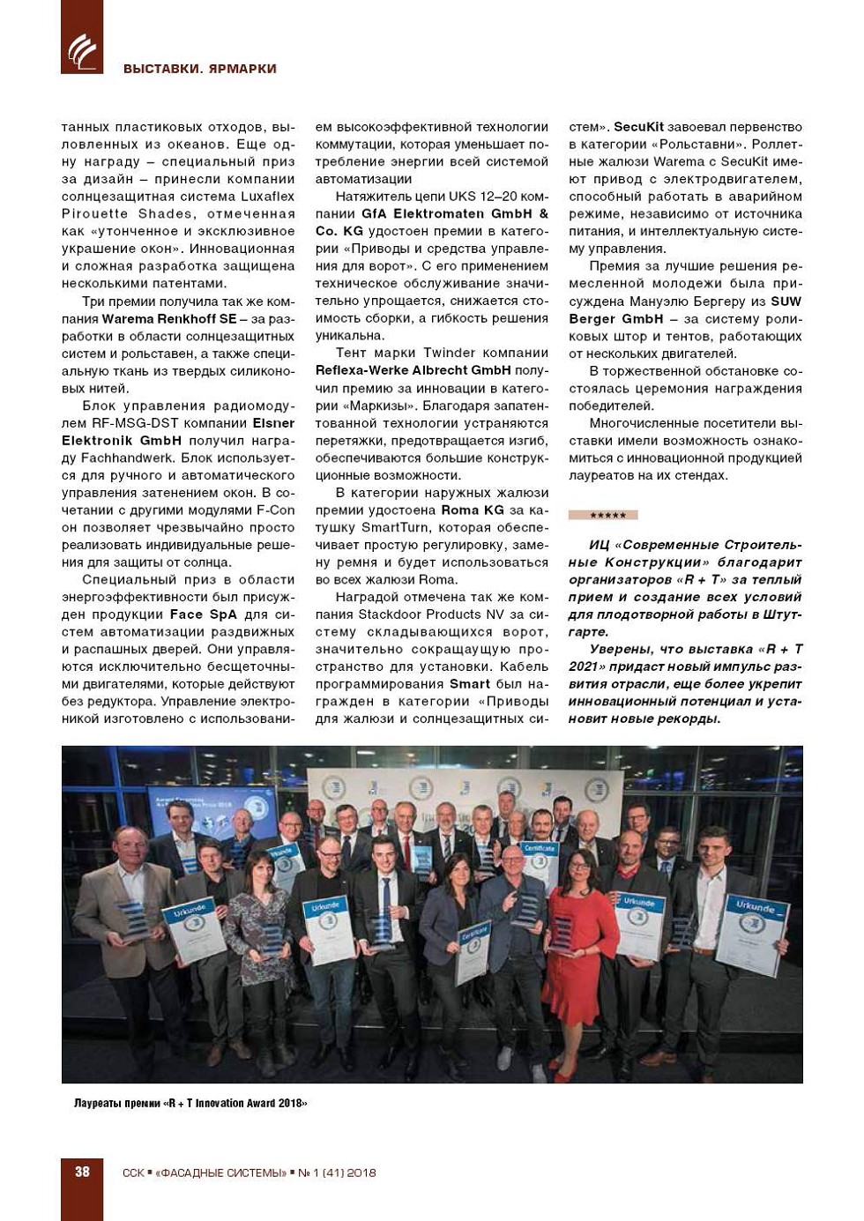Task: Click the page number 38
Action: pyautogui.click(x=82, y=1172)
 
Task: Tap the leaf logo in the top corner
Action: pyautogui.click(x=82, y=50)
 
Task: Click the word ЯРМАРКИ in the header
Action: pyautogui.click(x=242, y=69)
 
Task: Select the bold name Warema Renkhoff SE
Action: pyautogui.click(x=169, y=319)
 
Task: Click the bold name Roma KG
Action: pyautogui.click(x=473, y=510)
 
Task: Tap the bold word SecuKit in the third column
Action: pyautogui.click(x=638, y=127)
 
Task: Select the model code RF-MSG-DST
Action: pyautogui.click(x=134, y=423)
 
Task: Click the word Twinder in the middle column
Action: pyautogui.click(x=450, y=354)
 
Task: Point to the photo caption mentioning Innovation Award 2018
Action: pyautogui.click(x=190, y=1103)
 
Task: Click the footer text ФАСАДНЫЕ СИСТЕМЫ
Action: pyautogui.click(x=221, y=1173)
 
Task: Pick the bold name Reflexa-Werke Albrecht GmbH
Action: pyautogui.click(x=413, y=371)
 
